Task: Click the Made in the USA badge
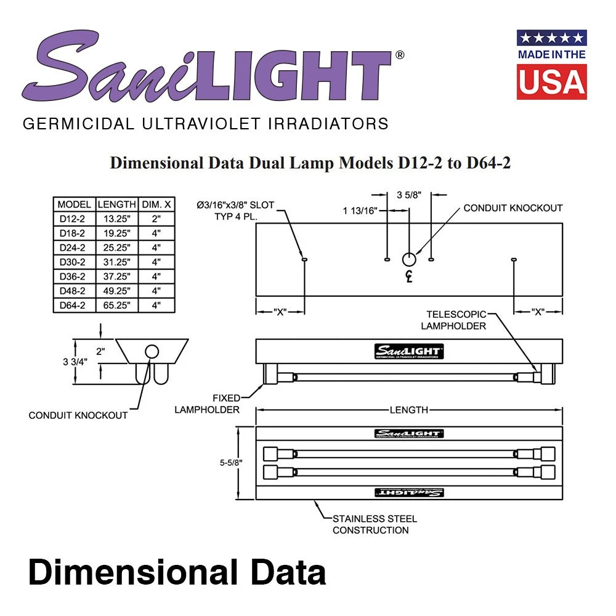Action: [551, 64]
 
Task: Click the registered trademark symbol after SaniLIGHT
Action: [399, 55]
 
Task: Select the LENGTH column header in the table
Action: [116, 205]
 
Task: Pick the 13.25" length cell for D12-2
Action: [116, 219]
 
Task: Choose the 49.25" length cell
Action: [116, 291]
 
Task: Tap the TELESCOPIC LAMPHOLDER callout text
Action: [456, 320]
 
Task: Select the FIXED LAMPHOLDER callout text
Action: [207, 403]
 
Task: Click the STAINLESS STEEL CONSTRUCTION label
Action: [374, 524]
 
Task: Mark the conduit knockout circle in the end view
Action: [152, 352]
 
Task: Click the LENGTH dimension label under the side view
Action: [408, 410]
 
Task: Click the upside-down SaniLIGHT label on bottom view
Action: [409, 492]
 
